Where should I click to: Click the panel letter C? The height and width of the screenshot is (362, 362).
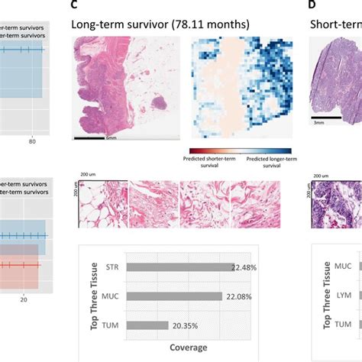pos(74,5)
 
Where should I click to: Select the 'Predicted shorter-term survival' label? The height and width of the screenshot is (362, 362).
pos(214,163)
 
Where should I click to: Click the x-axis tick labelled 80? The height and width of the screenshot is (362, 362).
pos(32,141)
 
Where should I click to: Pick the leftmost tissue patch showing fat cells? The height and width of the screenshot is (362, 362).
pos(102,205)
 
